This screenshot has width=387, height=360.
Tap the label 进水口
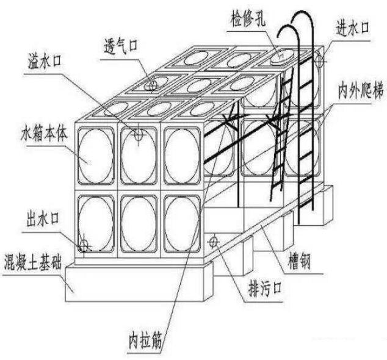(353, 27)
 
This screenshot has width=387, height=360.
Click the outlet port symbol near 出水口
(84, 245)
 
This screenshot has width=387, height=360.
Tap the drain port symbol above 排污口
(214, 241)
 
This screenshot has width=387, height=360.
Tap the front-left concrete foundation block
(134, 283)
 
